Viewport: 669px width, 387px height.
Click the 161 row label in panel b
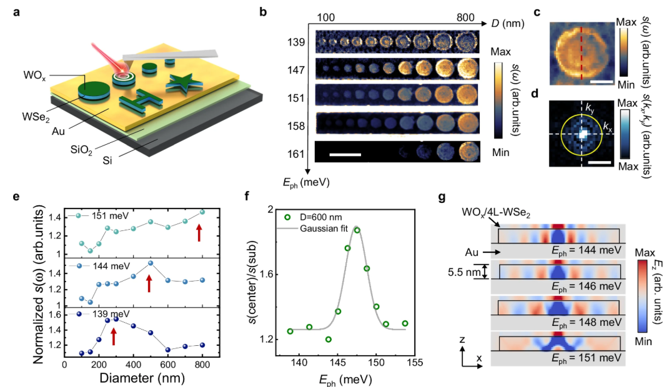click(296, 153)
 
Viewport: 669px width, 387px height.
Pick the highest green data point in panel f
click(357, 230)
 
